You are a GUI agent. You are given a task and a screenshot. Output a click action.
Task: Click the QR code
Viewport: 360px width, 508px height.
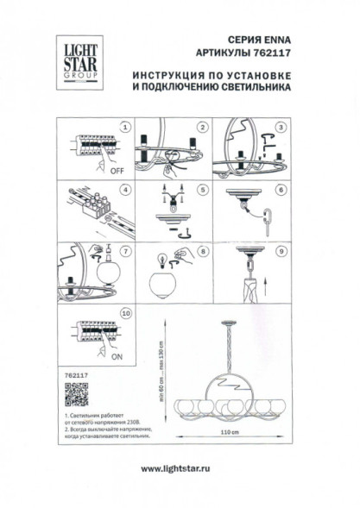click(x=78, y=396)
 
